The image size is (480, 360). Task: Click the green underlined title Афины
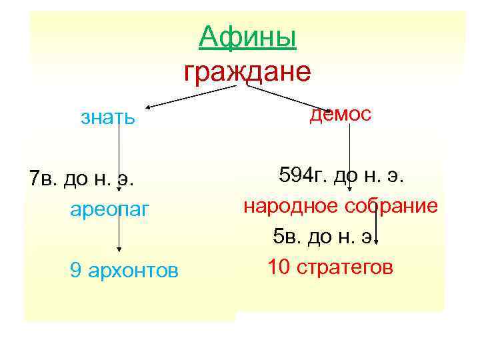click(x=247, y=37)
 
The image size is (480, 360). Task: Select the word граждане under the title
click(x=247, y=71)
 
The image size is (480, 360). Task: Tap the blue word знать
click(x=107, y=118)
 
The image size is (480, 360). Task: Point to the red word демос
click(x=341, y=114)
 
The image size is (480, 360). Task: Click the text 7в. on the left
click(x=44, y=179)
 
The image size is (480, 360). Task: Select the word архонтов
click(x=133, y=270)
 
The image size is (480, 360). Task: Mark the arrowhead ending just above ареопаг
click(x=119, y=191)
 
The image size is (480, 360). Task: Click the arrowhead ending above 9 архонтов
click(x=119, y=249)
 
